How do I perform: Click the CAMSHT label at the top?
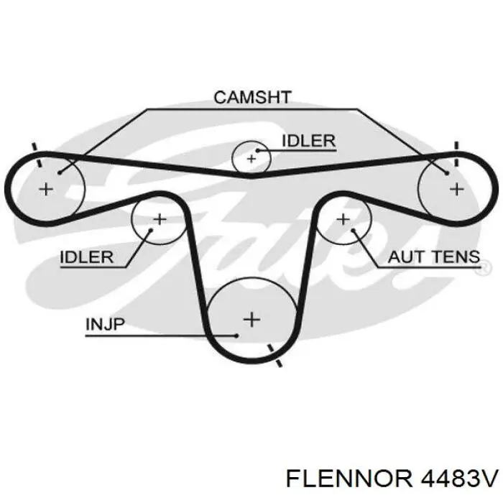[x=252, y=97]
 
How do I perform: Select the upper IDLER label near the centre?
[x=308, y=141]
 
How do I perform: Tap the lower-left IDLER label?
[x=87, y=257]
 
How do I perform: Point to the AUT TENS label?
[x=434, y=257]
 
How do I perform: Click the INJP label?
[x=105, y=324]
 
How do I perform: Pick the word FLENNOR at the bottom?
[x=349, y=479]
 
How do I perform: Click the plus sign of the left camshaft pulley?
[x=46, y=188]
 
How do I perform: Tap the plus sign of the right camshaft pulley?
[x=457, y=188]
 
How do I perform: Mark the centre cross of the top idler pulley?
[x=251, y=159]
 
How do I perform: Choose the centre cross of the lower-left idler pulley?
[x=160, y=219]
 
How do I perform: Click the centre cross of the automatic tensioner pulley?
[x=343, y=219]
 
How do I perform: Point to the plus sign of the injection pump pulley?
[x=251, y=320]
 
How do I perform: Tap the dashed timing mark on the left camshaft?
[x=37, y=155]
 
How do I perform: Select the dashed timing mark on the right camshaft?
[x=456, y=154]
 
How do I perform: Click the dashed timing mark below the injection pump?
[x=274, y=356]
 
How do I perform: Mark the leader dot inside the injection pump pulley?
[x=236, y=336]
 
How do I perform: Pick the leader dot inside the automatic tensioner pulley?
[x=353, y=230]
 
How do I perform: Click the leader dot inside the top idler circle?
[x=257, y=149]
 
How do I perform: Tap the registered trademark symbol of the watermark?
[x=486, y=267]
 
